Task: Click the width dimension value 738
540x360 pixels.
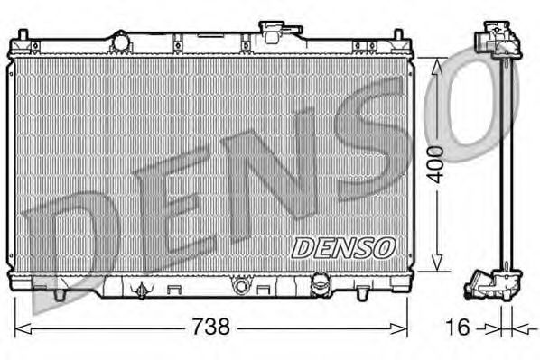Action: click(215, 327)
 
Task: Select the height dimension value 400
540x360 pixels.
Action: click(436, 163)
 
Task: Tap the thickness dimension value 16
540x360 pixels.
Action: click(460, 327)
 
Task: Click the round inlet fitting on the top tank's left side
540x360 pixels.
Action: click(121, 41)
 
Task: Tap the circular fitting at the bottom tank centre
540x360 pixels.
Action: click(240, 287)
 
